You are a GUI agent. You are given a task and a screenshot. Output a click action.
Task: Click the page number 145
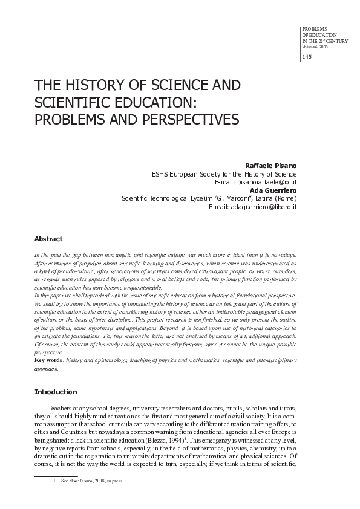click(x=306, y=57)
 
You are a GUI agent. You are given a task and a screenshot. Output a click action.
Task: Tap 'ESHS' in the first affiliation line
click(x=160, y=173)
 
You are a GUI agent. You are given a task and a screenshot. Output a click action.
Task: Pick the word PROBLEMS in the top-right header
click(x=314, y=28)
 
